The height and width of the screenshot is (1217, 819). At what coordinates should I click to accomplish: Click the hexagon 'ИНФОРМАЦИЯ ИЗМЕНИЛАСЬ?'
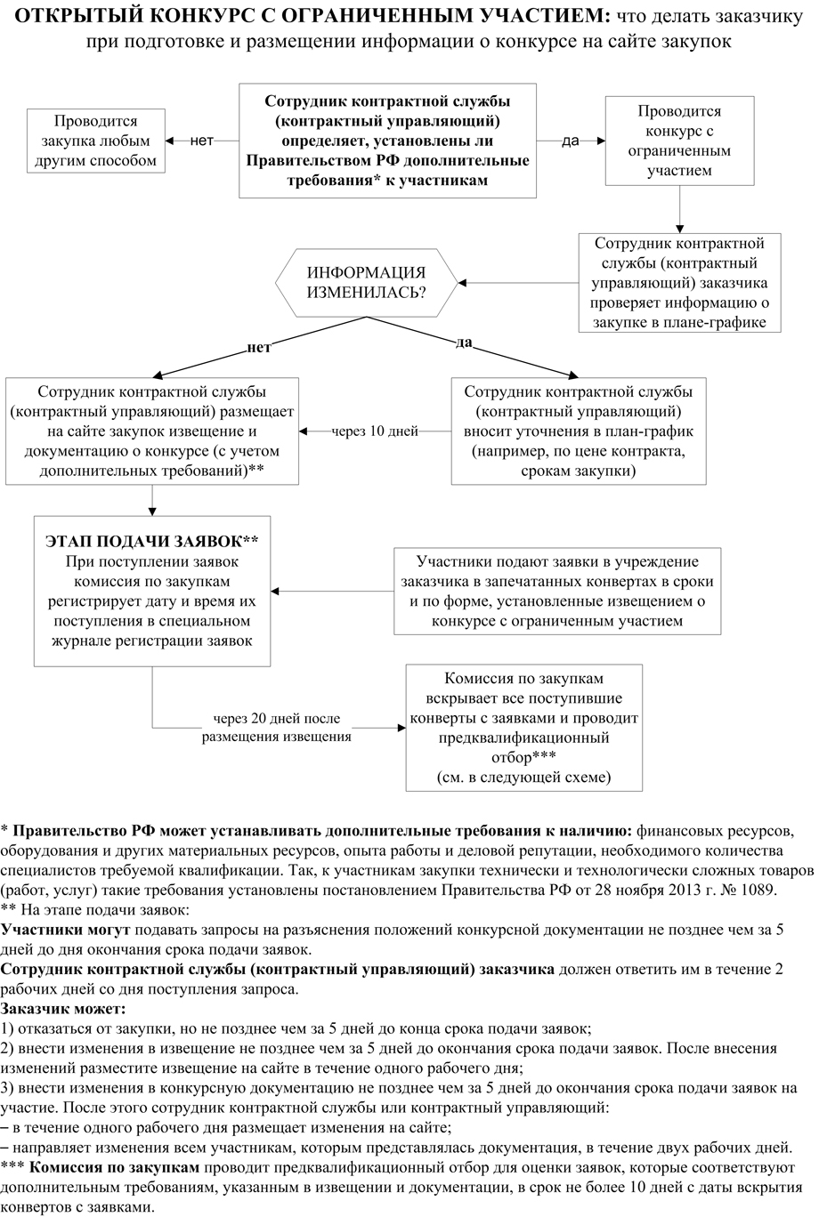pyautogui.click(x=366, y=283)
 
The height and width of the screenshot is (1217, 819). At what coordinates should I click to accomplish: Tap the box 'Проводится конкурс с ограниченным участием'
pyautogui.click(x=678, y=141)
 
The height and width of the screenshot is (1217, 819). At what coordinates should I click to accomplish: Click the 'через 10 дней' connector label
pyautogui.click(x=375, y=431)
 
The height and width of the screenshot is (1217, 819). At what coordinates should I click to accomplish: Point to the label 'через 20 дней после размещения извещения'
pyautogui.click(x=276, y=727)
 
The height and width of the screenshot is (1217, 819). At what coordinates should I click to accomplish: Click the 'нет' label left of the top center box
pyautogui.click(x=202, y=141)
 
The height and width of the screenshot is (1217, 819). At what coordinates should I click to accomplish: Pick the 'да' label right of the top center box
pyautogui.click(x=570, y=141)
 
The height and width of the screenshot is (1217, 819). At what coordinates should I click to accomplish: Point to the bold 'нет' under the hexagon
pyautogui.click(x=258, y=348)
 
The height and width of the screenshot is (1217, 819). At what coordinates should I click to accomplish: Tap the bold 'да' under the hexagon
pyautogui.click(x=463, y=343)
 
